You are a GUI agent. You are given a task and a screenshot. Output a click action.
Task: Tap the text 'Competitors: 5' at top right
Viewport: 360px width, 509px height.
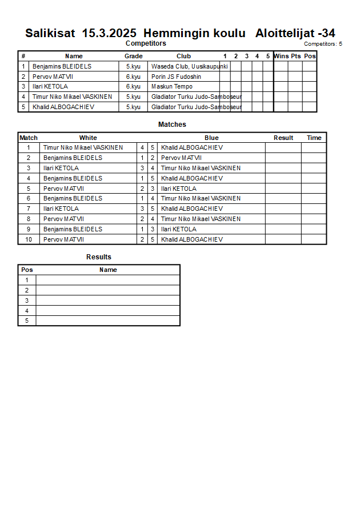click(323, 43)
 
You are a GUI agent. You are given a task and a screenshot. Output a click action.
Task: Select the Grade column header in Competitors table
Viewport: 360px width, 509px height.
click(134, 56)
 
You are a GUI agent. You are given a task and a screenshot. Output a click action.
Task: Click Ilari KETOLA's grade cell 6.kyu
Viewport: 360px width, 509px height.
click(133, 87)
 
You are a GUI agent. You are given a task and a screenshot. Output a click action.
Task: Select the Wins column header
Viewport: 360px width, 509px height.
click(281, 56)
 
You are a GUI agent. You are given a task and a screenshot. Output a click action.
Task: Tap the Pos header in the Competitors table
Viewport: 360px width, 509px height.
click(310, 56)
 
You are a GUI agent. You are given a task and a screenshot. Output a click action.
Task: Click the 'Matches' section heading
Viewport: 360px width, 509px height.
click(172, 125)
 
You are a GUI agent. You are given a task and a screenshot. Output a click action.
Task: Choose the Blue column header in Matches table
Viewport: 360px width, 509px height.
click(211, 138)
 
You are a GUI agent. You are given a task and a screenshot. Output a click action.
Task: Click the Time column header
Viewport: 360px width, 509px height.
click(314, 138)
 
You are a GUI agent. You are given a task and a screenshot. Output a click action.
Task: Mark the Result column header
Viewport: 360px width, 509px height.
click(283, 138)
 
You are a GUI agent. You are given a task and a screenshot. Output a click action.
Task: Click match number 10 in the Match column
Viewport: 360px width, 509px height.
click(29, 239)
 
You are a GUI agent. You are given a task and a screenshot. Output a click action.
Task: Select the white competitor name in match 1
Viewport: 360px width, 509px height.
click(83, 147)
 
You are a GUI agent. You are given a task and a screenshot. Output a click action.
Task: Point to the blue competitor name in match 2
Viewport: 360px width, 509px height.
click(181, 158)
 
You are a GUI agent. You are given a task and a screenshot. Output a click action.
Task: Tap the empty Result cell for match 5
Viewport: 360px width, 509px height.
click(283, 189)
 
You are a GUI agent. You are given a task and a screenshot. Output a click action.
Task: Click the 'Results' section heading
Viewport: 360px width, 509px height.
click(99, 257)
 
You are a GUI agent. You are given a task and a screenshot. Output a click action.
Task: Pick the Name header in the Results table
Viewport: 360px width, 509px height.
click(108, 270)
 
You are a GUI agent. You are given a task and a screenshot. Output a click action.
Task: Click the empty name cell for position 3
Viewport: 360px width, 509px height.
click(108, 300)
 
